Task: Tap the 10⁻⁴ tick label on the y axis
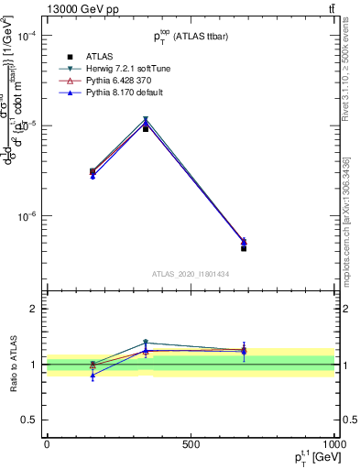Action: (x=27, y=36)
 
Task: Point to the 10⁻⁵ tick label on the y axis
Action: (x=27, y=126)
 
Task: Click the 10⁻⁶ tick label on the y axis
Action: (x=27, y=217)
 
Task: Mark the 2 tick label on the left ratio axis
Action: (x=33, y=309)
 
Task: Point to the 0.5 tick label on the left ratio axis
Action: (x=28, y=420)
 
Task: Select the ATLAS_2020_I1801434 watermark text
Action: (x=190, y=274)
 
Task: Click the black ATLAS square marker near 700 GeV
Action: (x=244, y=248)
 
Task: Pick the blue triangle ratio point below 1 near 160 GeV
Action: (x=93, y=376)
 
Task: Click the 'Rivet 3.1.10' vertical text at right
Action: (x=345, y=101)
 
